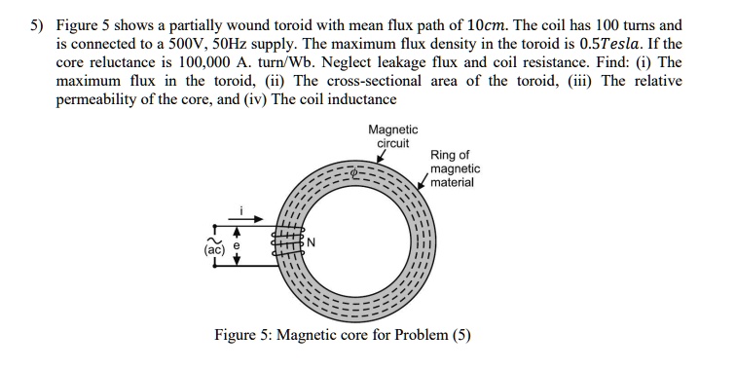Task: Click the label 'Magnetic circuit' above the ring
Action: coord(392,135)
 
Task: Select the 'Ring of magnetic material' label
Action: coord(454,167)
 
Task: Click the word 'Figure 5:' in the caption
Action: coord(243,336)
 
